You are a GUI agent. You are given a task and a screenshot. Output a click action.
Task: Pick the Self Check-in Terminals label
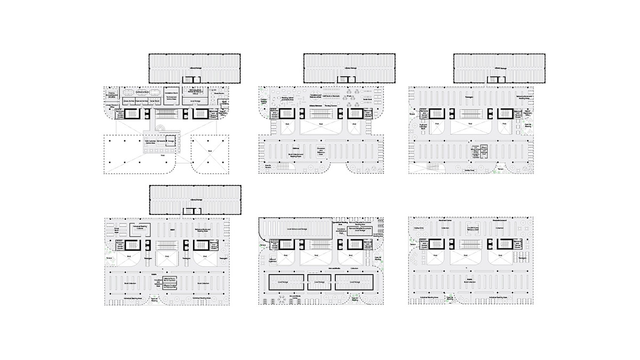(331, 95)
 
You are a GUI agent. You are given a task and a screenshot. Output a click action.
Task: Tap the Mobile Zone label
(469, 170)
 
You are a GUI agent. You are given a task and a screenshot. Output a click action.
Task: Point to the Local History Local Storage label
(297, 229)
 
